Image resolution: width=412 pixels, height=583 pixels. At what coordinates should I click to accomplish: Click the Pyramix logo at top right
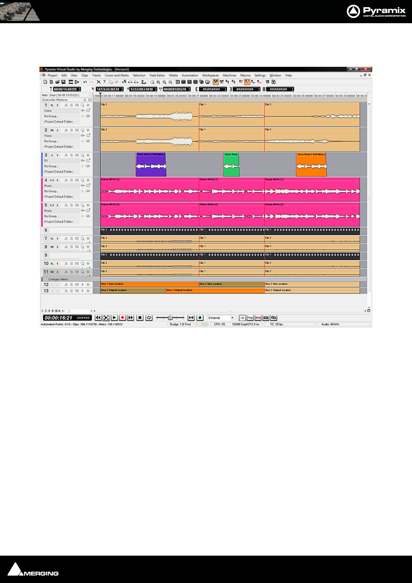click(376, 11)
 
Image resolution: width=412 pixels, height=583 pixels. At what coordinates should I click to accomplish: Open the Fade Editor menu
click(157, 75)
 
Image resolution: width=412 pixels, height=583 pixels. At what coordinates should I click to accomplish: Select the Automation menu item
click(190, 75)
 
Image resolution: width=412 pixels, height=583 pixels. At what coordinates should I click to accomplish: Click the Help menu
click(288, 75)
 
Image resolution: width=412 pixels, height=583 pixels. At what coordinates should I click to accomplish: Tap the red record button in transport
click(122, 317)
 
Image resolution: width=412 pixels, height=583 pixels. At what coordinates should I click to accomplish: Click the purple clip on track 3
click(151, 165)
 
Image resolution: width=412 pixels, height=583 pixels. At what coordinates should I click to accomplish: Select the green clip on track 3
click(231, 165)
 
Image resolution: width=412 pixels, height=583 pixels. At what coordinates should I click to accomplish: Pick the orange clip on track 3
click(311, 165)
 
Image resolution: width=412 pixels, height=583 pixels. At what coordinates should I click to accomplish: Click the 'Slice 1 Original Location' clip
click(215, 290)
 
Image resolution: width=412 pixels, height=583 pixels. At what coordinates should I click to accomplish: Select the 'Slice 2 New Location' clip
click(231, 284)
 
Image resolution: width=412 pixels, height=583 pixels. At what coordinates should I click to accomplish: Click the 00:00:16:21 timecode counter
click(59, 318)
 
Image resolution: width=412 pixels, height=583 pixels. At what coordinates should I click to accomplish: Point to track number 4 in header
click(46, 180)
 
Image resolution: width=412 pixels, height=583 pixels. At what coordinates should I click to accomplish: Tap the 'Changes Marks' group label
click(58, 279)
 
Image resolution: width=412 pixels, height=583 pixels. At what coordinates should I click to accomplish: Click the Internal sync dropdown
click(221, 318)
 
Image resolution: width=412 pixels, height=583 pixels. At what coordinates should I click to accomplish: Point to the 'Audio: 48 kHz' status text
click(330, 324)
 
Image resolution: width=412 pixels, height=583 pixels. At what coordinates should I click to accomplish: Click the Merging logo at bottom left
click(33, 569)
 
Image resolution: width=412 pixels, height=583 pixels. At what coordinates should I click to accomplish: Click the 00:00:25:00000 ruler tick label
click(282, 96)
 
